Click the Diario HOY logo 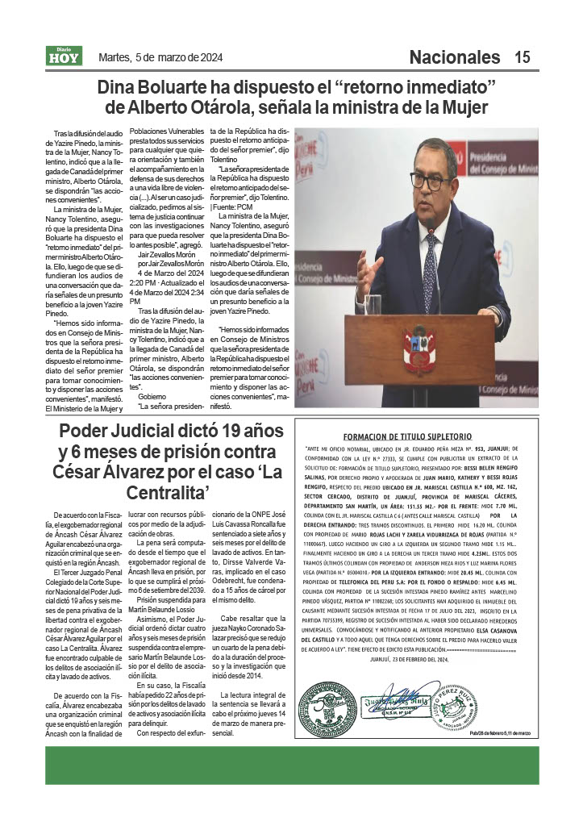pyautogui.click(x=64, y=56)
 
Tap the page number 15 pyautogui.click(x=523, y=57)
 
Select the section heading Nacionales pyautogui.click(x=455, y=57)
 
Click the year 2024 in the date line pyautogui.click(x=209, y=57)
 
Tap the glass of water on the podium pyautogui.click(x=373, y=304)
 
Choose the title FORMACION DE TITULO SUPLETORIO pyautogui.click(x=419, y=436)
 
